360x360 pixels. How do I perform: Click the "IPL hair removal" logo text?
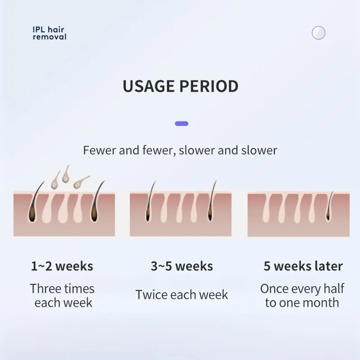pos(49,33)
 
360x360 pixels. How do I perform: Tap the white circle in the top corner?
pos(319,33)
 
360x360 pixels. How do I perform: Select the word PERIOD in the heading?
pos(209,86)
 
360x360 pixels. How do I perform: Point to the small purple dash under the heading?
pos(182,124)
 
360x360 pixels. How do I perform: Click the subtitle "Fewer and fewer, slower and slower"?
pos(180,150)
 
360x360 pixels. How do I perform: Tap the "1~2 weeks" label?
pos(62,266)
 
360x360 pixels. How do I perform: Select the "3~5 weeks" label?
pos(182,266)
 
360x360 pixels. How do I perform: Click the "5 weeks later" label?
pos(303,266)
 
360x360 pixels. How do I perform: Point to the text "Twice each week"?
pos(182,295)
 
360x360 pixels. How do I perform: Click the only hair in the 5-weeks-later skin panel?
pos(329,206)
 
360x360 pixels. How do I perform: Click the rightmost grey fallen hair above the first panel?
pos(81,182)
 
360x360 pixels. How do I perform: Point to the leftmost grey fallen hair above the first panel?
pos(55,181)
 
